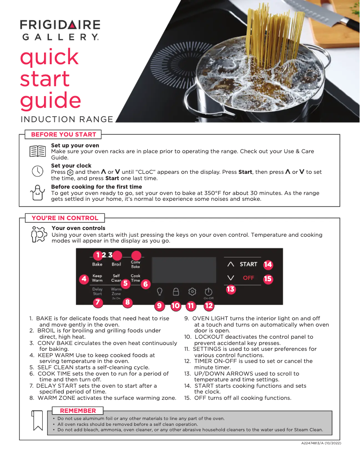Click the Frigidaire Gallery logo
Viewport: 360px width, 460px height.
click(x=60, y=30)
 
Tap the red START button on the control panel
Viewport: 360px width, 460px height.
click(x=248, y=264)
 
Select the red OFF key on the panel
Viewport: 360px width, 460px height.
click(x=248, y=278)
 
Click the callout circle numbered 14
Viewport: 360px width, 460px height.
click(x=268, y=264)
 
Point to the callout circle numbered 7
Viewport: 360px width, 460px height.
click(x=97, y=302)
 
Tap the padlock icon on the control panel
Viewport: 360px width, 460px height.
click(x=176, y=291)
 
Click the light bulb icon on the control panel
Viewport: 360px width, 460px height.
click(x=159, y=291)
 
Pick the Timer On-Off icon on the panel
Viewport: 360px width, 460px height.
click(x=208, y=292)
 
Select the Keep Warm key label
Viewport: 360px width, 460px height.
click(x=97, y=278)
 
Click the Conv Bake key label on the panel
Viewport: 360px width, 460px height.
click(x=135, y=264)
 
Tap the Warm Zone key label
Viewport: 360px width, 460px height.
click(x=116, y=292)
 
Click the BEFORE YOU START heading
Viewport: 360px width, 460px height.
click(x=63, y=134)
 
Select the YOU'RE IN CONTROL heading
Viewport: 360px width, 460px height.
click(x=65, y=218)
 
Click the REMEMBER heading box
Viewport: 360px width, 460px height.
click(x=78, y=411)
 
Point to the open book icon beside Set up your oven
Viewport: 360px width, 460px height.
click(x=37, y=151)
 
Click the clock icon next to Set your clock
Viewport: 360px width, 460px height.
click(x=37, y=172)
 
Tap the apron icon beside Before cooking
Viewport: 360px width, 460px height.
click(x=37, y=192)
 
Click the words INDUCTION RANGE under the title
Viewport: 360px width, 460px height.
click(x=67, y=119)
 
